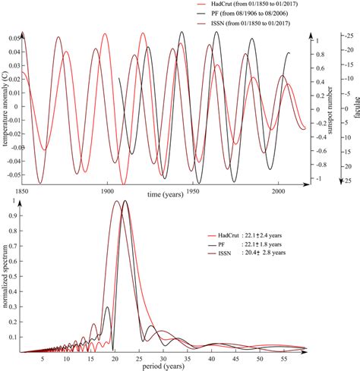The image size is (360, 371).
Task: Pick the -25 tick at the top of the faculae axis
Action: click(x=346, y=36)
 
